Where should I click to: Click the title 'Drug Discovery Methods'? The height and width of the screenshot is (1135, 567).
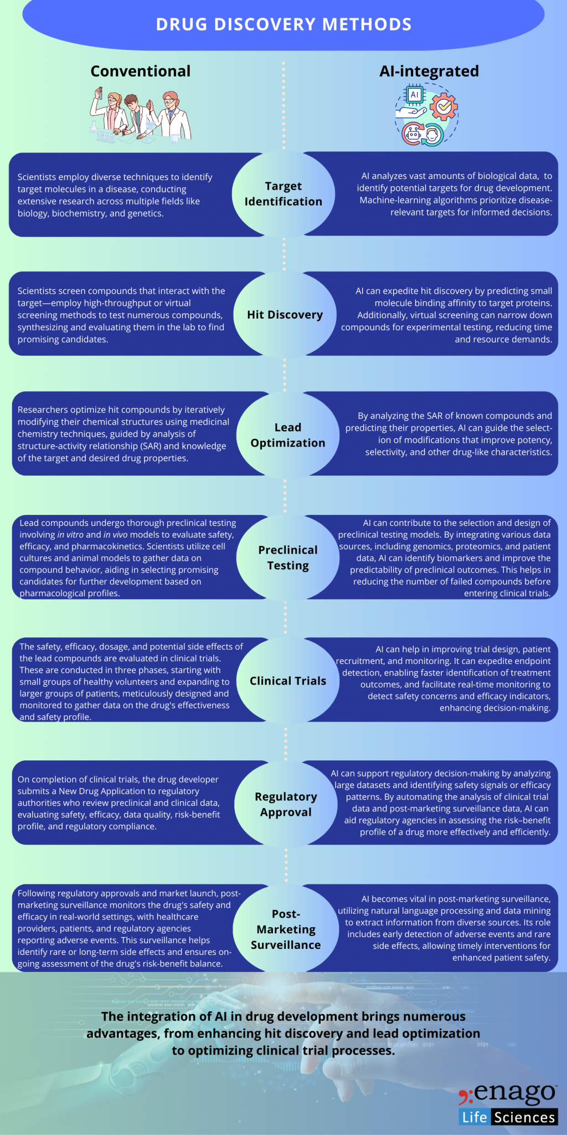(283, 24)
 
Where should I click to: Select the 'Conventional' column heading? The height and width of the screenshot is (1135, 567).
(140, 71)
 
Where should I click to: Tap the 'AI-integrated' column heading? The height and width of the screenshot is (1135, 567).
(429, 71)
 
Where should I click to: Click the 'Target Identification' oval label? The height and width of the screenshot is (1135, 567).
(283, 194)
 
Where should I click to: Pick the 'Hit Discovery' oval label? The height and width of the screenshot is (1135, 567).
(285, 315)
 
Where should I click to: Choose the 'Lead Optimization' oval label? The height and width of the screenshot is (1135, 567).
(288, 435)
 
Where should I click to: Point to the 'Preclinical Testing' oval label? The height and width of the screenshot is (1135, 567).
(288, 558)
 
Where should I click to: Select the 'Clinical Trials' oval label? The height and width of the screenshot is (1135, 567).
(288, 681)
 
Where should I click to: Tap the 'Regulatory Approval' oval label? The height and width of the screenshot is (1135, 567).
(286, 804)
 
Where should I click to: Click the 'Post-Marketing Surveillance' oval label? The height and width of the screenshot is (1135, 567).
(286, 929)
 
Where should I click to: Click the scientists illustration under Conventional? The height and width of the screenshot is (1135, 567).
(141, 115)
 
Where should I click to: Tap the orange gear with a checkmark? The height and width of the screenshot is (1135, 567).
(444, 106)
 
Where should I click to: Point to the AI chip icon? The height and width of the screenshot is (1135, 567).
(414, 95)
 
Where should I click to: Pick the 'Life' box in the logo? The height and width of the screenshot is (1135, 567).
(474, 1117)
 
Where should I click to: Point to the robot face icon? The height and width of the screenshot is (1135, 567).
(413, 133)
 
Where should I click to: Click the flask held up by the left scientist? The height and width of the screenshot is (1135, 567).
(99, 93)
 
